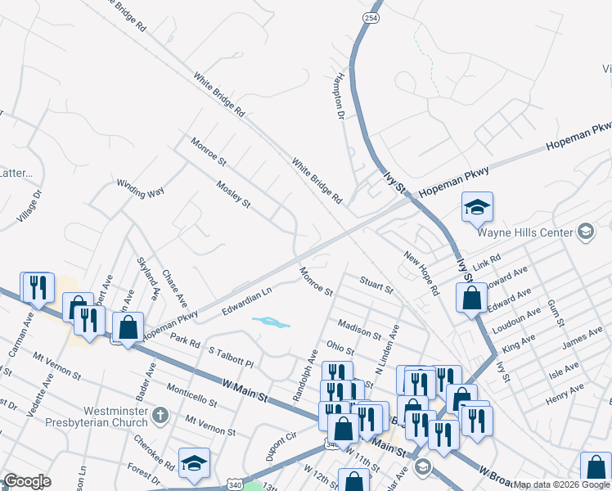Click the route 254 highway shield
point(370,18)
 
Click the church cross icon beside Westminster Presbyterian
point(160,415)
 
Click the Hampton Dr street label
point(339,94)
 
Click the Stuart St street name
point(377,285)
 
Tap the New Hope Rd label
point(422,273)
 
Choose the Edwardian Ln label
point(246,300)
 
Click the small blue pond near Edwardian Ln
point(271,322)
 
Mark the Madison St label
point(359,330)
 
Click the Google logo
point(26,481)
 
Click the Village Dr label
point(29,207)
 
